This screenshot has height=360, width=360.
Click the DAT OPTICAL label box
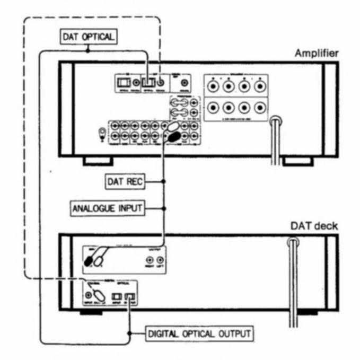(87, 37)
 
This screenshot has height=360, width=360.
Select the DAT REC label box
(123, 181)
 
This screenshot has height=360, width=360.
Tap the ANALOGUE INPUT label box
(108, 207)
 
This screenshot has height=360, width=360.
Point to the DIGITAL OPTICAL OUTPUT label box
(199, 334)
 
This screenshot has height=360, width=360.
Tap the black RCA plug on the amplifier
(174, 137)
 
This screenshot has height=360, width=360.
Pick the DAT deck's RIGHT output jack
(151, 260)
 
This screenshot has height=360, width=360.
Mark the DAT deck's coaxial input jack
(88, 291)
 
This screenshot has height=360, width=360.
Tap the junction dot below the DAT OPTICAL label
(87, 51)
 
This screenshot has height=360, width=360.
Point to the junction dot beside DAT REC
(164, 181)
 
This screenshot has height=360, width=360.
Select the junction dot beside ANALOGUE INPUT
(164, 207)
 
